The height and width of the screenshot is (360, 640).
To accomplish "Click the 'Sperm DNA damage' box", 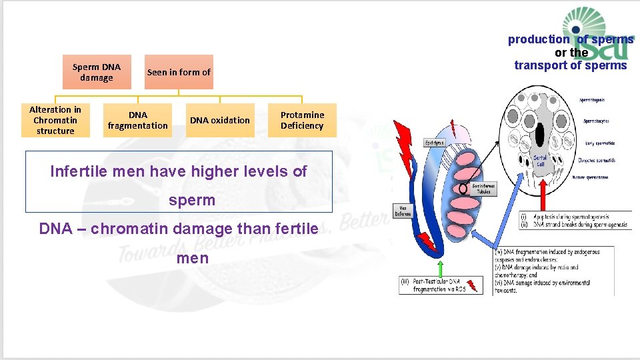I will [x=97, y=72].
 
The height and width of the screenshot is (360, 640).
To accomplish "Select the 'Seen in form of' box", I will [x=179, y=72].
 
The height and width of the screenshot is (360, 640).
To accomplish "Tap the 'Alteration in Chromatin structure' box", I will [x=55, y=120].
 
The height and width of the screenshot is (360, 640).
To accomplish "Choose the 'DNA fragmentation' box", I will [x=138, y=120].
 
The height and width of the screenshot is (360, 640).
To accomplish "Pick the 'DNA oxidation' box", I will [x=220, y=120].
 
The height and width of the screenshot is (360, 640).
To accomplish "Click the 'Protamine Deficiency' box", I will [x=302, y=120].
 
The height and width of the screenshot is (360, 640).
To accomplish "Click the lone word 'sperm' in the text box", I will [x=192, y=200].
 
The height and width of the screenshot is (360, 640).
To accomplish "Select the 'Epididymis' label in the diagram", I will [x=435, y=142].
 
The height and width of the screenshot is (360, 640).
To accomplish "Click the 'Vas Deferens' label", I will [x=402, y=211].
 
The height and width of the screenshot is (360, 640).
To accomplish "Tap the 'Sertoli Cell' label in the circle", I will [x=540, y=160].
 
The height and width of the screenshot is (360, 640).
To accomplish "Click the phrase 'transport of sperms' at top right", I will [x=571, y=65].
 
